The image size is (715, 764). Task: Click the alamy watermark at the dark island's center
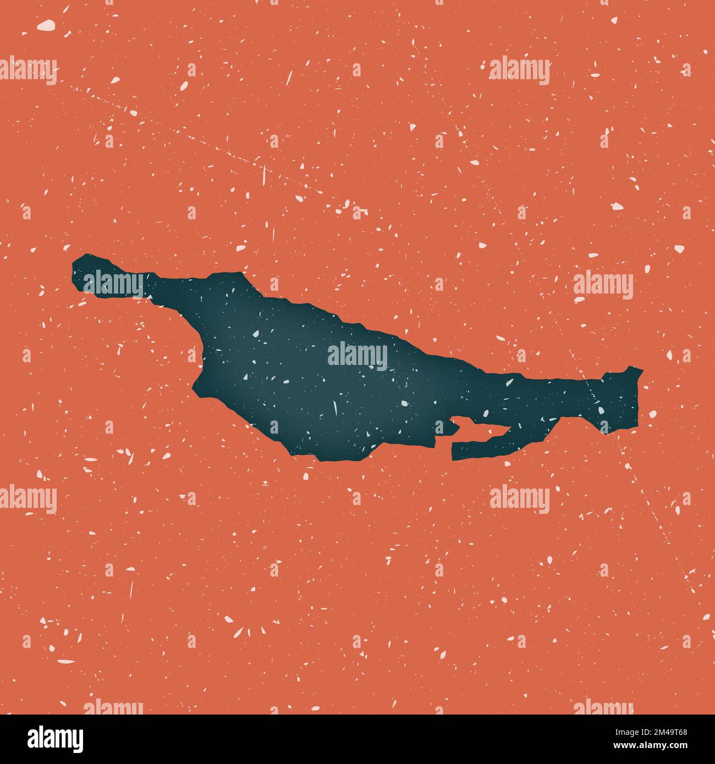point(358,356)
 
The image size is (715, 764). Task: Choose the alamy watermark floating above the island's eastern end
point(603,285)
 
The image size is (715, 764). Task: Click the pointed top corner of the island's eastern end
point(641,369)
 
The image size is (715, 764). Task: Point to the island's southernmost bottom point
point(319,459)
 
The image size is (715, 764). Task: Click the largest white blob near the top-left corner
point(47,25)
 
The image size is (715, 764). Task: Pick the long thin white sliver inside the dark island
point(334,408)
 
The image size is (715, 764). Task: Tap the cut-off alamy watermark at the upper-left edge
point(28,71)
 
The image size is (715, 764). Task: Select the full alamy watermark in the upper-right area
point(519,71)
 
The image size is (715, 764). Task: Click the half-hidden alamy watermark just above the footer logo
point(113,706)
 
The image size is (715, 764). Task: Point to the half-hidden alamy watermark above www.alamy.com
point(603,706)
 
